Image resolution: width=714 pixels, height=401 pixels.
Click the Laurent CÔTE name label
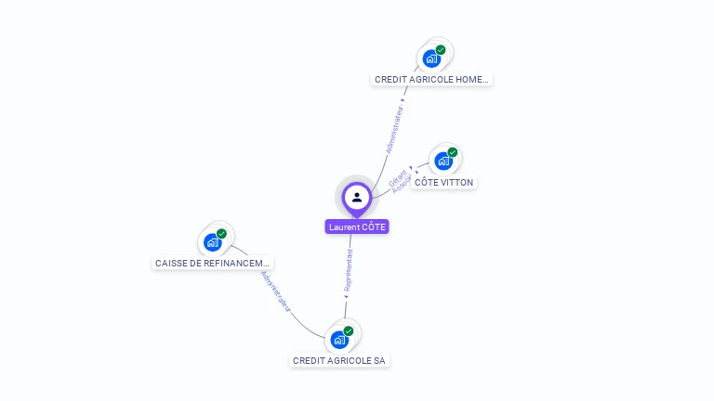(x=357, y=226)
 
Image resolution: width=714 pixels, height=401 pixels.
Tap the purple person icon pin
(x=357, y=197)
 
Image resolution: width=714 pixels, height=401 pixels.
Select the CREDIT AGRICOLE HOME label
(x=431, y=80)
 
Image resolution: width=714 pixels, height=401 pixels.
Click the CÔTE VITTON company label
(x=443, y=183)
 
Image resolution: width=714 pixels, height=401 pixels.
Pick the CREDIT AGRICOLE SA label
(x=338, y=360)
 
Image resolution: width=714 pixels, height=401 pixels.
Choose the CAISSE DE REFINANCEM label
(x=213, y=264)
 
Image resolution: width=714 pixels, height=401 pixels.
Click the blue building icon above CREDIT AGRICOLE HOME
(x=431, y=58)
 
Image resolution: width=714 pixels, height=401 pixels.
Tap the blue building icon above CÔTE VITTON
(x=443, y=162)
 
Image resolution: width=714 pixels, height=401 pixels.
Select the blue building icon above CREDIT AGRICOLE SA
(x=339, y=339)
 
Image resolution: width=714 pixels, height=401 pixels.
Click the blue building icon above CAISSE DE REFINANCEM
(x=213, y=242)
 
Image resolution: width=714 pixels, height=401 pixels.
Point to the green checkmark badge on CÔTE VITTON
(x=453, y=152)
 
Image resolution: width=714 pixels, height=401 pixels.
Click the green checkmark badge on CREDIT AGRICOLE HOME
(x=441, y=49)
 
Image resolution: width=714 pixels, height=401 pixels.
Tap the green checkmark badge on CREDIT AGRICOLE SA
(x=349, y=330)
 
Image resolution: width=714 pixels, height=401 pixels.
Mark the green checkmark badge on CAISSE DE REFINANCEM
(x=222, y=234)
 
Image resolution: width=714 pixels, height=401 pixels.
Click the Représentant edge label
(x=349, y=270)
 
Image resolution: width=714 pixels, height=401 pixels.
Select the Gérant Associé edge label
(x=400, y=180)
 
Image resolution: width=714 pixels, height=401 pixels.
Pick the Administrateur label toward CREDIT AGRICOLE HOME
(x=395, y=130)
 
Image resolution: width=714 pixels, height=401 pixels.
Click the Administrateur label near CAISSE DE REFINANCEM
(x=276, y=291)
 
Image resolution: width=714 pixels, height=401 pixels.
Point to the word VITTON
(x=456, y=183)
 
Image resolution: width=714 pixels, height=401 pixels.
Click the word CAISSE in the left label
(x=172, y=264)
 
